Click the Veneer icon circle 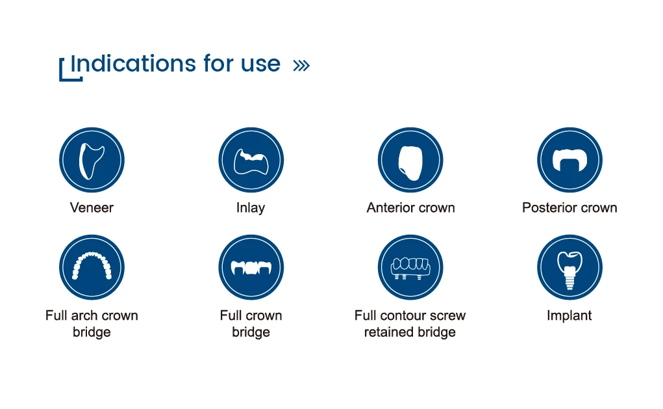pos(92,160)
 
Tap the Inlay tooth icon pos(251,160)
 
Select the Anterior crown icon pos(410,160)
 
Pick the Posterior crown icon pos(570,160)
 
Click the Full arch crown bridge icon pos(92,268)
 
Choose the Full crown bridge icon pos(251,268)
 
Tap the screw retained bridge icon pos(410,268)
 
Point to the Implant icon pos(570,268)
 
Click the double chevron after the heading pos(301,65)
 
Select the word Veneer pos(92,208)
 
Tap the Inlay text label pos(251,208)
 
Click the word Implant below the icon pos(569,316)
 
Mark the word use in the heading pos(260,64)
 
